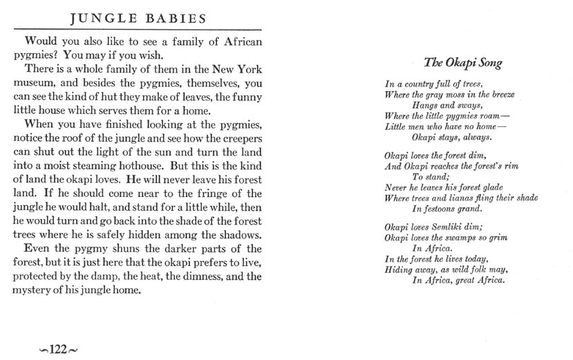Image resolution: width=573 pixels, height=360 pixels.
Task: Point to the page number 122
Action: pyautogui.click(x=57, y=349)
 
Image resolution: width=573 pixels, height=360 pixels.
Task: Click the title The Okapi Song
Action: pyautogui.click(x=462, y=63)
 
